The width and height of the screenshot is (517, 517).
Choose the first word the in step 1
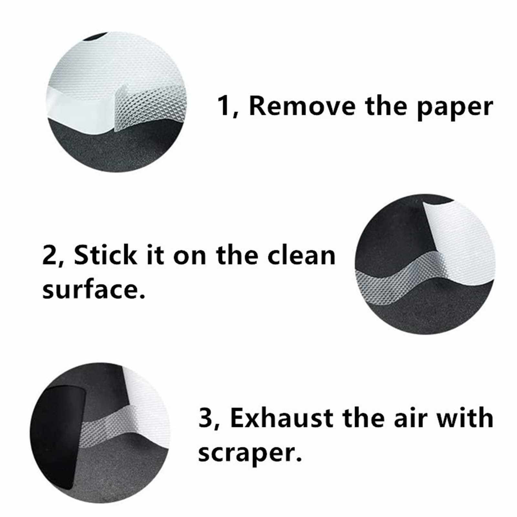(385, 106)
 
